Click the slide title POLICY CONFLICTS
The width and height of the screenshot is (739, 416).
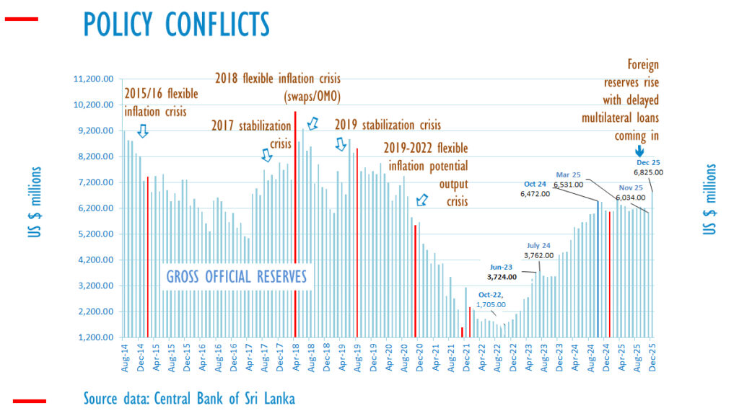pyautogui.click(x=177, y=23)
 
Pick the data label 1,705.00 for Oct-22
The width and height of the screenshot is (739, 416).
pyautogui.click(x=491, y=304)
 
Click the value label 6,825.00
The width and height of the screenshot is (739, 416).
pyautogui.click(x=648, y=172)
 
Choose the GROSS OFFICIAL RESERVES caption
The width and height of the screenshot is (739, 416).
pyautogui.click(x=236, y=277)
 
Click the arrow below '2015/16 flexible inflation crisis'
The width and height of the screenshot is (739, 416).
pyautogui.click(x=142, y=130)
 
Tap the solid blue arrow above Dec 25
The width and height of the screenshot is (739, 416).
pyautogui.click(x=639, y=151)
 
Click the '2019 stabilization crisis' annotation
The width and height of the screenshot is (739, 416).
pyautogui.click(x=388, y=125)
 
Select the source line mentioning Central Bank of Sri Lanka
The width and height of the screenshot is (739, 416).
pyautogui.click(x=189, y=398)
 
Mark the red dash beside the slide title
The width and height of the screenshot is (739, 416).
pyautogui.click(x=21, y=19)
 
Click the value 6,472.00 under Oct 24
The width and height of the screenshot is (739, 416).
pyautogui.click(x=535, y=194)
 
